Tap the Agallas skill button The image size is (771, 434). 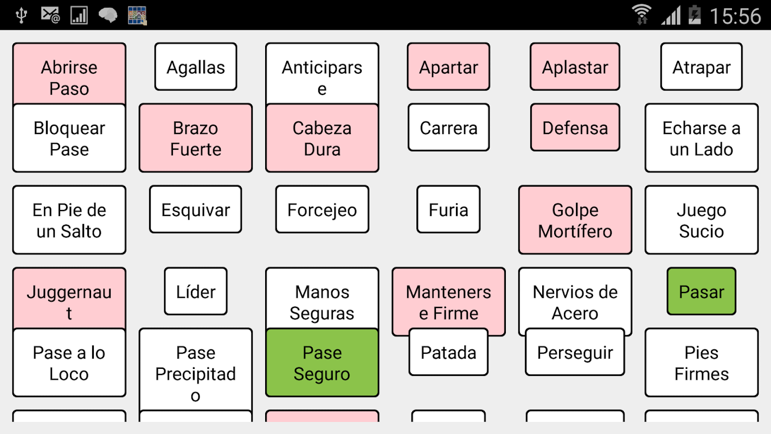point(196,67)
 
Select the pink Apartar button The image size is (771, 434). point(448,67)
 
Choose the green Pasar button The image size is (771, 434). point(701,291)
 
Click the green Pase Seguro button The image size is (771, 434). point(322,363)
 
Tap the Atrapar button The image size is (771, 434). point(701,67)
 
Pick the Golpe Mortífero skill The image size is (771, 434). point(575,220)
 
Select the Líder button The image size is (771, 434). point(196,291)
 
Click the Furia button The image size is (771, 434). point(448,209)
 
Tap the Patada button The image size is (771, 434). point(448,352)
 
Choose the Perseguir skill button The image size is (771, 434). point(575,352)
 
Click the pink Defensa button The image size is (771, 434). point(575,127)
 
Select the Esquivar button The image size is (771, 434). point(196,209)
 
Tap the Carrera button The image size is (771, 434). point(448,127)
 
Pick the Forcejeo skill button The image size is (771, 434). point(322,209)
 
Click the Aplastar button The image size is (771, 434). point(575,67)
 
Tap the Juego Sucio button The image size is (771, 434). point(701,220)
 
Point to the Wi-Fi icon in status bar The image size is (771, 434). point(642,15)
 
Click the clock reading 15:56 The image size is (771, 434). point(735,16)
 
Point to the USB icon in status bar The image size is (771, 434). point(21,15)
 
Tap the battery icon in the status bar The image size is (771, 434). point(695,15)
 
